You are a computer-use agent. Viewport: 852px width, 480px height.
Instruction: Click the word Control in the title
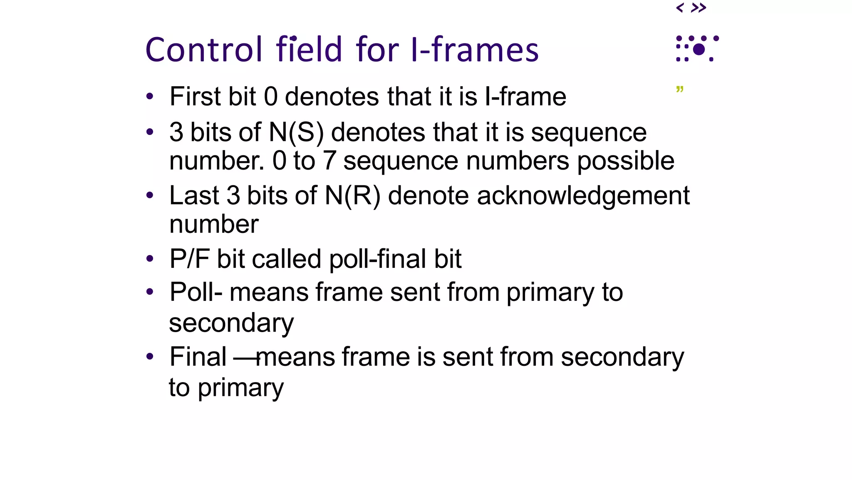coord(204,50)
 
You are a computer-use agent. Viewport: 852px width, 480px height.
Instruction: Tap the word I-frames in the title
coord(474,50)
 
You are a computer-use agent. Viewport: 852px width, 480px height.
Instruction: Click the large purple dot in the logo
coord(699,50)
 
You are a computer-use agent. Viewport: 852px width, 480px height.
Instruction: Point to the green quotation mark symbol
coord(680,90)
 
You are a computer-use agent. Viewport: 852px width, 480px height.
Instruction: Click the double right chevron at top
coord(698,7)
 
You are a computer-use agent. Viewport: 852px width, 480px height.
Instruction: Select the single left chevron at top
coord(680,7)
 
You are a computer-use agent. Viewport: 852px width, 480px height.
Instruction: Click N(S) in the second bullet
coord(296,132)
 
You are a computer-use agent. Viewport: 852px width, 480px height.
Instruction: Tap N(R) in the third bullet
coord(352,195)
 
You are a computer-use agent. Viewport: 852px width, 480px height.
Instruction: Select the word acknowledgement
coord(583,195)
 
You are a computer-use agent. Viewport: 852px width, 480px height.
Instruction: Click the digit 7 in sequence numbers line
coord(329,161)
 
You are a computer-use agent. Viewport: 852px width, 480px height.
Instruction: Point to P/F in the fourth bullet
coord(189,259)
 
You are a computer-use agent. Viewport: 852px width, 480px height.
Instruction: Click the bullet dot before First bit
coord(150,97)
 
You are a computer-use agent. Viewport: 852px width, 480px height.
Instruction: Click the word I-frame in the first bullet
coord(525,97)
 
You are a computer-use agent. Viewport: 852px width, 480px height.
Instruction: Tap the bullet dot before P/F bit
coord(150,259)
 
